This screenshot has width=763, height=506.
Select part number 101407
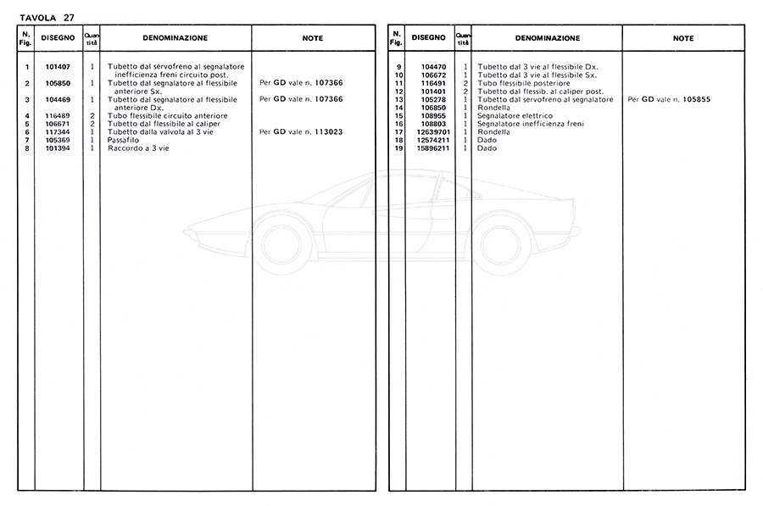click(x=57, y=66)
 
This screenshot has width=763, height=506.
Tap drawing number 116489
click(x=57, y=115)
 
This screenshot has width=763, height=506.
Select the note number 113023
click(x=325, y=132)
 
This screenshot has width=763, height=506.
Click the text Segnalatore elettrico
click(x=515, y=116)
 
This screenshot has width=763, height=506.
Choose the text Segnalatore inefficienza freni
click(x=530, y=124)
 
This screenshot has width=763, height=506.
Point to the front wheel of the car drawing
click(x=281, y=242)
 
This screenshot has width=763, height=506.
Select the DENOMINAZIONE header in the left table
click(x=175, y=38)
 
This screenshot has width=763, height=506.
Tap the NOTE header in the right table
click(x=683, y=38)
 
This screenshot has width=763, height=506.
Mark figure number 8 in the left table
click(x=28, y=148)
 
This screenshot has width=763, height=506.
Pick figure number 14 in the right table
click(x=398, y=108)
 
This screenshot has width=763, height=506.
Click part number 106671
click(x=57, y=124)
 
